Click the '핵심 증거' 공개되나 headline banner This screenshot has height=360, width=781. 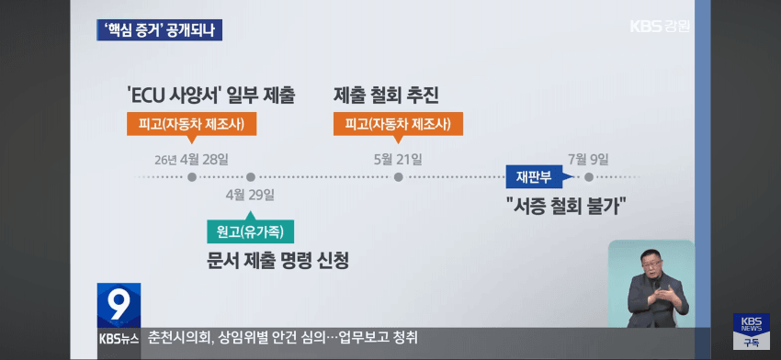click(159, 30)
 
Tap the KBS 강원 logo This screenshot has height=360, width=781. click(660, 26)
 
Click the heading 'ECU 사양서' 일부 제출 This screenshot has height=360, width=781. click(211, 96)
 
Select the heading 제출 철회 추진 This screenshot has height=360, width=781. click(386, 96)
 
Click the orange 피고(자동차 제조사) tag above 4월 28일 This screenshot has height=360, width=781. click(192, 124)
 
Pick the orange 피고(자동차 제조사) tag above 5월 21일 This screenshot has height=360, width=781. click(398, 124)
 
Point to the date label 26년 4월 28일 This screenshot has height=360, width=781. click(192, 160)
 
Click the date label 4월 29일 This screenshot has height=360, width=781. click(250, 195)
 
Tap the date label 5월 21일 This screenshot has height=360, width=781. click(398, 160)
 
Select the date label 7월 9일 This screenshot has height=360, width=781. click(589, 160)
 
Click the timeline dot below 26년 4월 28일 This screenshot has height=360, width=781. click(192, 176)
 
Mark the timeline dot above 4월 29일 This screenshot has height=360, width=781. click(251, 176)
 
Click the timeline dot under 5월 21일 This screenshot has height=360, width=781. click(398, 176)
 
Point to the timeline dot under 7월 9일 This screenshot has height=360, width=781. click(589, 176)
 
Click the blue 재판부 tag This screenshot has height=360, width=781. click(534, 176)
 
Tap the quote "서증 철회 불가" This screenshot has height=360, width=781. click(565, 206)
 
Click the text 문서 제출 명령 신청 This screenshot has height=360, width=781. click(277, 261)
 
